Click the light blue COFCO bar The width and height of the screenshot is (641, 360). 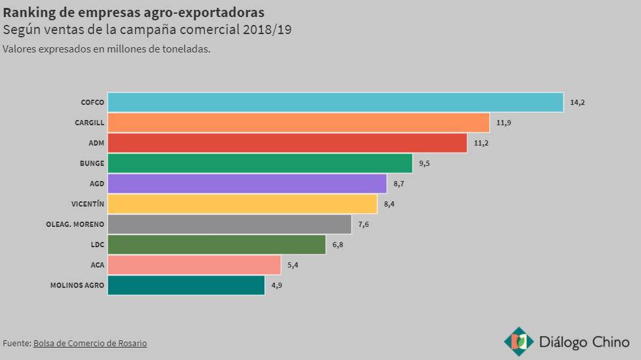point(335,102)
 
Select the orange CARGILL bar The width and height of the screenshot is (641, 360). point(299,123)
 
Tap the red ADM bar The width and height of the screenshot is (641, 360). point(287,143)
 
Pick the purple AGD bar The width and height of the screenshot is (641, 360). point(247,184)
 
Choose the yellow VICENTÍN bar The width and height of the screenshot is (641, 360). point(242,204)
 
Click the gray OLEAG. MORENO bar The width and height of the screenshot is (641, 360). point(230,224)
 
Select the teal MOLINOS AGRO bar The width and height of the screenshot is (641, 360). point(186,285)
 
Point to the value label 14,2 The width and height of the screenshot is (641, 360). point(577,102)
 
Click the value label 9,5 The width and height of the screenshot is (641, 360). point(424,163)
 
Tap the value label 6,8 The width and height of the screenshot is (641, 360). point(338,245)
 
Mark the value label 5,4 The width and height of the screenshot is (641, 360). point(293,265)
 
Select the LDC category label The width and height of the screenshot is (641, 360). point(97,245)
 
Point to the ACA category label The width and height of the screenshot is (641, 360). point(97,265)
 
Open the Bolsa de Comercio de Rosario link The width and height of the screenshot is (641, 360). point(90,343)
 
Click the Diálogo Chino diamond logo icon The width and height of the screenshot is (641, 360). point(518,341)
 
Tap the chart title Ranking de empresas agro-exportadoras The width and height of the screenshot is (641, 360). point(134,12)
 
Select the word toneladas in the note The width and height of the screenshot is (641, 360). point(185,49)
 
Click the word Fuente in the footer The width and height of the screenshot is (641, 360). point(16,343)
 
